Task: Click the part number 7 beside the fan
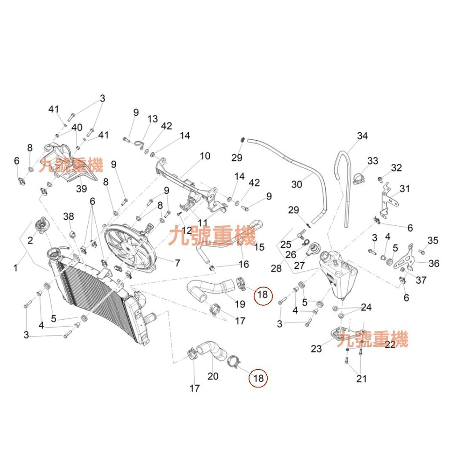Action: (x=177, y=263)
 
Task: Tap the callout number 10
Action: (x=205, y=156)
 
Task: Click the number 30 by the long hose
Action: (x=297, y=184)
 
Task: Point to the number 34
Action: (x=362, y=136)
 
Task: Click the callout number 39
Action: (x=81, y=188)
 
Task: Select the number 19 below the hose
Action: (x=240, y=304)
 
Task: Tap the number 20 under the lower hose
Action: (x=213, y=376)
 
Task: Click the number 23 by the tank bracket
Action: (x=317, y=348)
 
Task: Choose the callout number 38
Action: (x=69, y=216)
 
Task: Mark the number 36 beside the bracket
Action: (x=434, y=264)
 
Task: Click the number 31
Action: (x=404, y=188)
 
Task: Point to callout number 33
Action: (x=373, y=160)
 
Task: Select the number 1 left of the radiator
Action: (x=16, y=268)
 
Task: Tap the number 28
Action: (x=276, y=268)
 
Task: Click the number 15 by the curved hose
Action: (x=259, y=247)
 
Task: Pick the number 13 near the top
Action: (x=152, y=118)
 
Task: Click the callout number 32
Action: (x=396, y=168)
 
